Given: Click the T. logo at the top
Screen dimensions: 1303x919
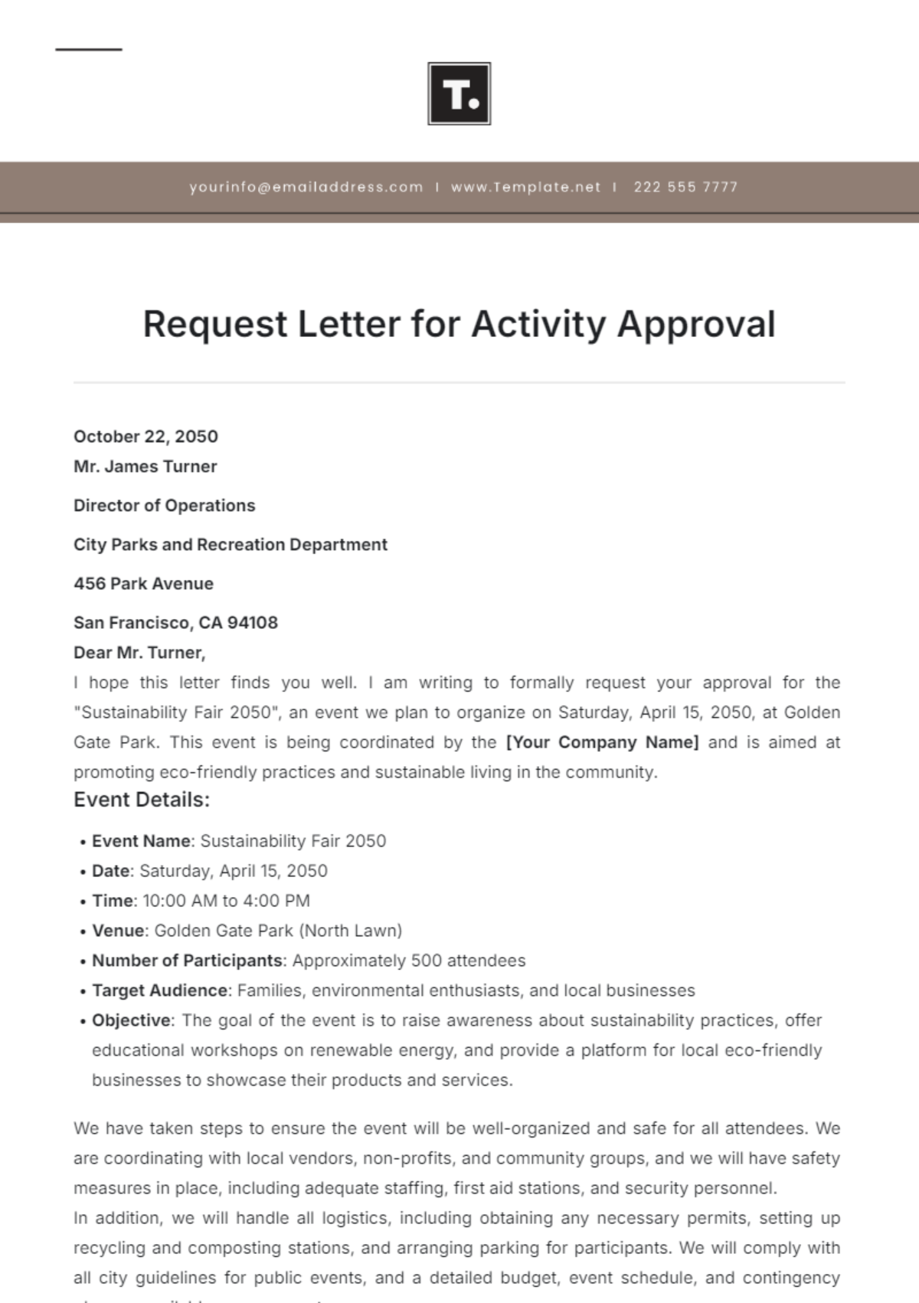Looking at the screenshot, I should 459,93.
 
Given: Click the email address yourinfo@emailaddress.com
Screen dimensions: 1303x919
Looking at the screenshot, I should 306,187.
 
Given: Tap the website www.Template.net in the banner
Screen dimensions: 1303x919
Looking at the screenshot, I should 525,187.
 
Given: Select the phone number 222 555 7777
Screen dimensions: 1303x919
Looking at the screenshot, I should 685,187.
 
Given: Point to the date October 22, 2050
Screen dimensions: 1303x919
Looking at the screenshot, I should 146,437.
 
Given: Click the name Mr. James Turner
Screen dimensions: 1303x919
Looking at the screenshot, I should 146,467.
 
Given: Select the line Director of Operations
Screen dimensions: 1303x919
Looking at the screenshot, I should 164,506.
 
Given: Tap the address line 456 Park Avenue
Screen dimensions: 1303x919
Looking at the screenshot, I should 143,584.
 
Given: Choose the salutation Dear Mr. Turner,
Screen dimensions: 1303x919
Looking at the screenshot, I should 139,653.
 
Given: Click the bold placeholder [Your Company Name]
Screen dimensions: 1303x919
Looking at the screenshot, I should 602,742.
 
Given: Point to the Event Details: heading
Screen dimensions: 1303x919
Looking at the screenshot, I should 142,800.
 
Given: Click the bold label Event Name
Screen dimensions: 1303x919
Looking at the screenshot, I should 141,841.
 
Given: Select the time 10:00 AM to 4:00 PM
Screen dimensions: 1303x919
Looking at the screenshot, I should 226,901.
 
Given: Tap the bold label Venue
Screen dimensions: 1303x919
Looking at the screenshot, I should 118,931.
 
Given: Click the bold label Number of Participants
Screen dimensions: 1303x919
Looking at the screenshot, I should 187,961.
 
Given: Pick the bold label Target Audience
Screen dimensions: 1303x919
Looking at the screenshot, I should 159,990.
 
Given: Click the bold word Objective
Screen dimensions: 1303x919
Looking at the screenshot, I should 132,1020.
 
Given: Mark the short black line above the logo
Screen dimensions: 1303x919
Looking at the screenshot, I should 89,50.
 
